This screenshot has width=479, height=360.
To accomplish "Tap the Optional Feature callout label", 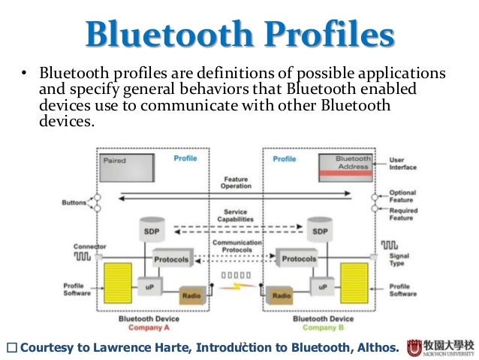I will point(402,197).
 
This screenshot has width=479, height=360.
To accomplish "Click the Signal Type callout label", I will point(401,261).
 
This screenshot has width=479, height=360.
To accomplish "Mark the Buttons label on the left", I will point(74,203).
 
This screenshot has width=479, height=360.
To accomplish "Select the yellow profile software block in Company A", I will point(119,285).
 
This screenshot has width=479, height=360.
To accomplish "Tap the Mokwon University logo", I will point(441,346).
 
